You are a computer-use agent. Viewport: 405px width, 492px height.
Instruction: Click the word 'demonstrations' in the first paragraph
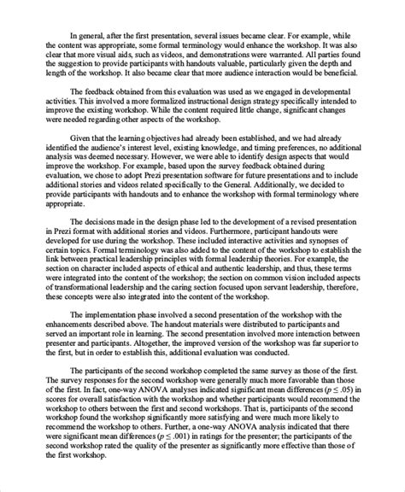point(248,61)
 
